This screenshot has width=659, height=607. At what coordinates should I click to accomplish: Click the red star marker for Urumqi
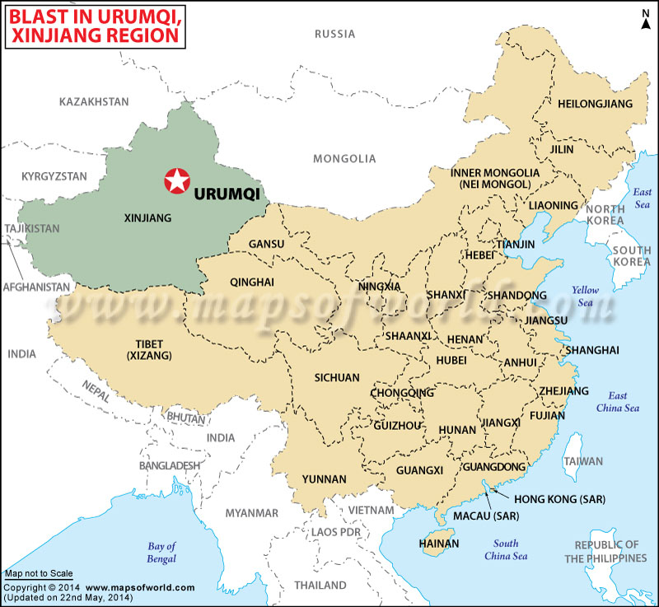click(175, 180)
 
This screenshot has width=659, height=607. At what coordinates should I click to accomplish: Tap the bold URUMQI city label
click(227, 194)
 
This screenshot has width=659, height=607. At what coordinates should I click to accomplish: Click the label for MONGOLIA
click(344, 159)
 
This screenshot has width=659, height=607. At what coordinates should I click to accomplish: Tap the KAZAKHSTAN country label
click(95, 101)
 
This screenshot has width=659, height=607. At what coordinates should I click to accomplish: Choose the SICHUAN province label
click(338, 377)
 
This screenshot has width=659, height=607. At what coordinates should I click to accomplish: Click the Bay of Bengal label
click(161, 553)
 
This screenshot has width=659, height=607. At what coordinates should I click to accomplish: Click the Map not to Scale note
click(38, 573)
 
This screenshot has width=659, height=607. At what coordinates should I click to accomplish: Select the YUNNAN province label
click(324, 479)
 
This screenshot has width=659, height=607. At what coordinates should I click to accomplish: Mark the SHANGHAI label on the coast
click(591, 350)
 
